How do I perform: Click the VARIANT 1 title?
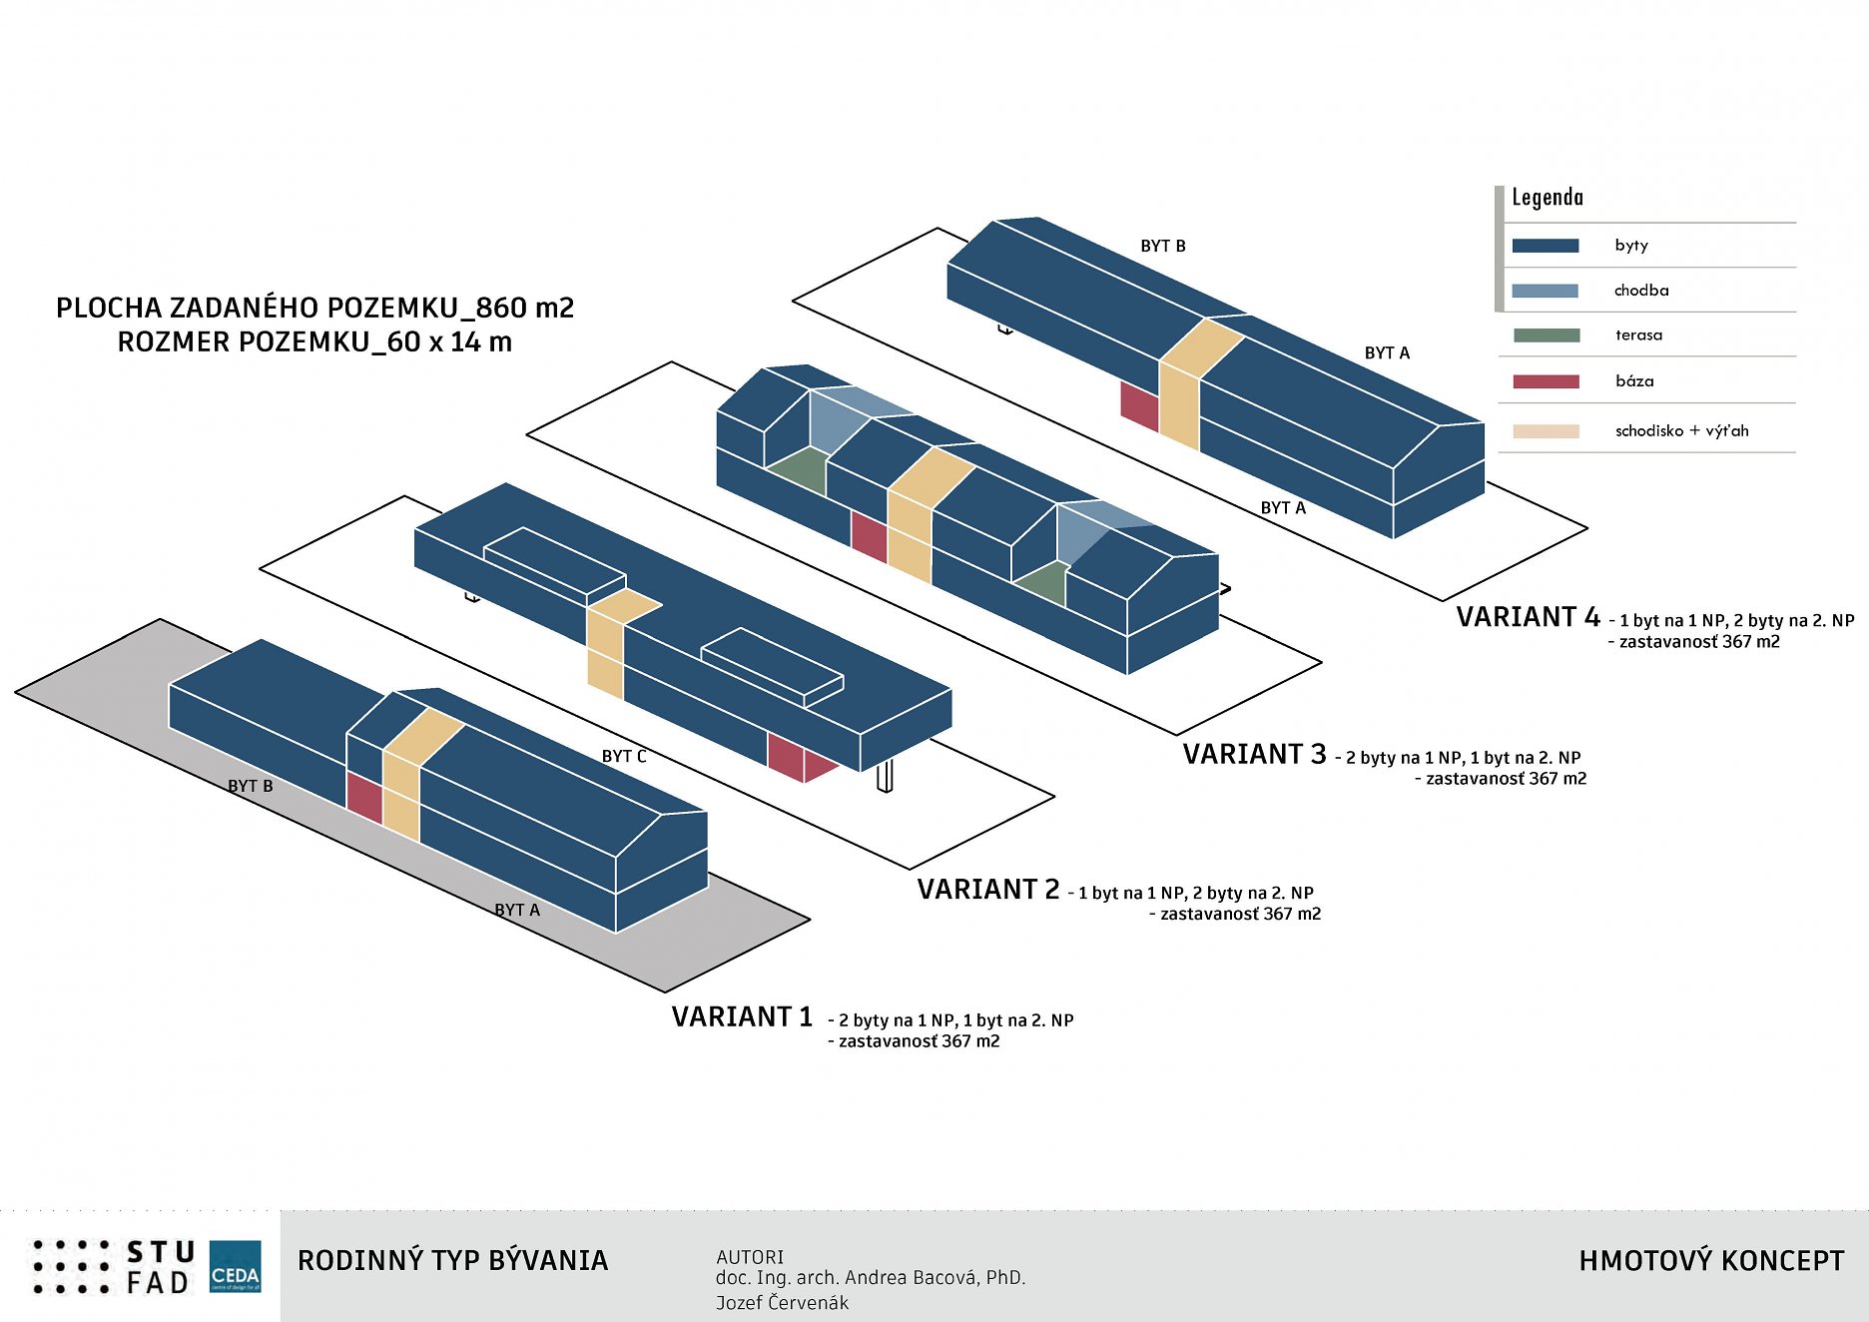tap(742, 1017)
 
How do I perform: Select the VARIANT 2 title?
tap(987, 890)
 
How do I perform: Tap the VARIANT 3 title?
tap(1254, 755)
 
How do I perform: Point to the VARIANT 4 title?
tap(1528, 618)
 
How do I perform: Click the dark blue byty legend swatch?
tap(1545, 246)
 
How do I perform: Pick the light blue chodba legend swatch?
tap(1545, 291)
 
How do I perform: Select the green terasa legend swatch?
tap(1546, 335)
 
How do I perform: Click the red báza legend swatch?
tap(1546, 381)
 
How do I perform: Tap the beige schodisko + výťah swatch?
tap(1546, 431)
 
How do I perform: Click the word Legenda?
tap(1547, 198)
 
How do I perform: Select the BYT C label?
tap(624, 757)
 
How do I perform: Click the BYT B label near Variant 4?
tap(1163, 247)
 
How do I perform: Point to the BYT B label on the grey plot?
tap(250, 787)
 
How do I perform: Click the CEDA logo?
tap(236, 1266)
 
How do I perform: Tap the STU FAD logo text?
tap(160, 1267)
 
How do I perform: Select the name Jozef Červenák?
tap(782, 1303)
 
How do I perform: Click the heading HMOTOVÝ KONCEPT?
tap(1711, 1261)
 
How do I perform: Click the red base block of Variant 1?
tap(364, 797)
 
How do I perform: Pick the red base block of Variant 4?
tap(1139, 405)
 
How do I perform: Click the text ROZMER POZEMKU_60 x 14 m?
tap(314, 342)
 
